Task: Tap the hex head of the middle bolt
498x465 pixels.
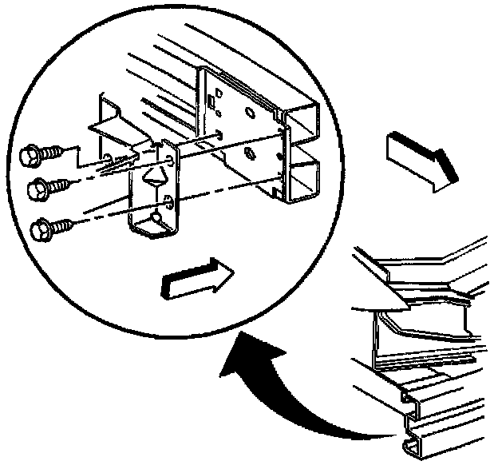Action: click(x=38, y=189)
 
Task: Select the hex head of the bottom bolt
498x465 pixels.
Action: click(x=39, y=231)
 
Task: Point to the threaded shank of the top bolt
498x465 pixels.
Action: click(x=54, y=149)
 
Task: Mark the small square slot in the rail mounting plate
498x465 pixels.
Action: click(x=211, y=101)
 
